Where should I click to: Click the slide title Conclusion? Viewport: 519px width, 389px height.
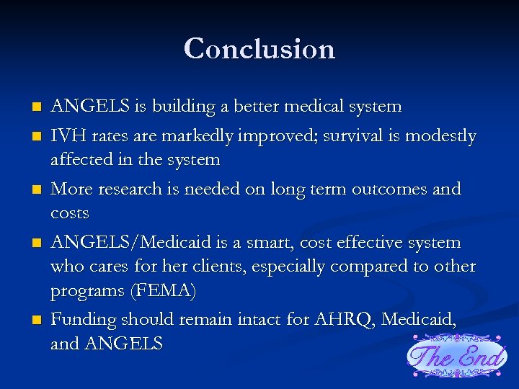coord(259,49)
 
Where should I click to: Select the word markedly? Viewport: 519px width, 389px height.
coord(202,136)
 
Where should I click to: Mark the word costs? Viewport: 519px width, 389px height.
coord(70,214)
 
